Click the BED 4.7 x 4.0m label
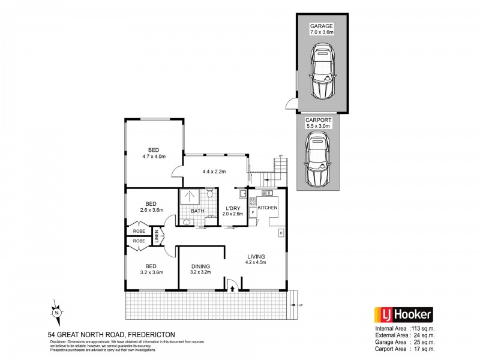click(x=154, y=153)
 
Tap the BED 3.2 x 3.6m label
click(x=148, y=269)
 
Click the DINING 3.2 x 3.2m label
click(x=201, y=269)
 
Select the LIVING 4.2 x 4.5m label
click(x=256, y=259)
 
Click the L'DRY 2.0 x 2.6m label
click(x=232, y=211)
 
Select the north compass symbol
click(x=56, y=312)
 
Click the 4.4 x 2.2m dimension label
click(x=214, y=172)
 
